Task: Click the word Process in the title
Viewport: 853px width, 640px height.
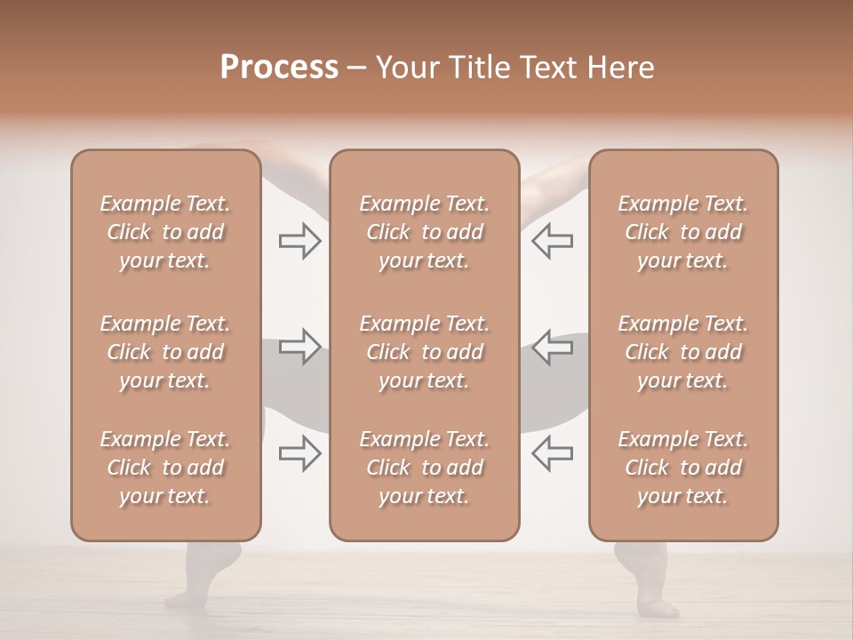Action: click(279, 68)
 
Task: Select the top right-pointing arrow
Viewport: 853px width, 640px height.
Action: click(300, 241)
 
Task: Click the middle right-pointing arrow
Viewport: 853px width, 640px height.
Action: click(300, 347)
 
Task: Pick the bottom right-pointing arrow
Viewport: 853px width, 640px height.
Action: click(300, 453)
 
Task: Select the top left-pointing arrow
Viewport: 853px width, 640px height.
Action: click(552, 241)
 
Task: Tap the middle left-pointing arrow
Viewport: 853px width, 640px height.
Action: click(552, 347)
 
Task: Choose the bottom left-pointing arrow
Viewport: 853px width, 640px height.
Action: click(552, 453)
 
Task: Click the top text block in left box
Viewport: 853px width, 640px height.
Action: click(165, 232)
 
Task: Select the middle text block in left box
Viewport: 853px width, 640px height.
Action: click(165, 352)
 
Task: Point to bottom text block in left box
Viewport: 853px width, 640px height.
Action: click(165, 468)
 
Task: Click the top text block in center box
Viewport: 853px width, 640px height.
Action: click(424, 232)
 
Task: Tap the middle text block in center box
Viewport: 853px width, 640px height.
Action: click(424, 352)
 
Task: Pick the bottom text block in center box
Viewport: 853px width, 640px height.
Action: click(424, 468)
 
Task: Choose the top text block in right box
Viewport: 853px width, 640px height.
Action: click(682, 232)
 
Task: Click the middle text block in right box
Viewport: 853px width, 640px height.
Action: click(682, 352)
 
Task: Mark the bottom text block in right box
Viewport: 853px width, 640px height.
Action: click(682, 468)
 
